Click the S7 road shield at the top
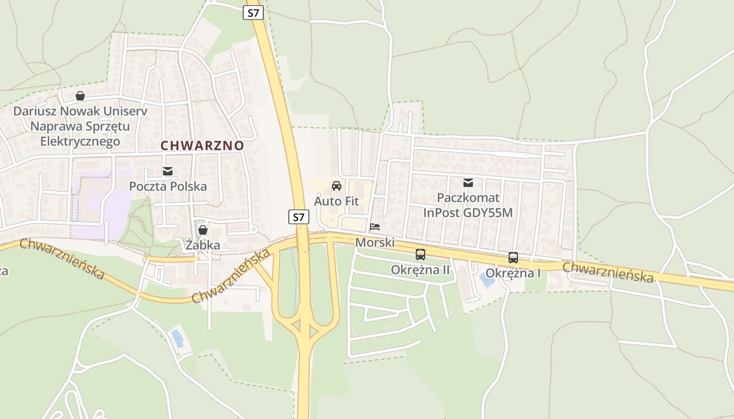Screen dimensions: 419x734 coord(253,13)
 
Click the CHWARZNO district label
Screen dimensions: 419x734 coord(202,145)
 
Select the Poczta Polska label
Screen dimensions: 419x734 coord(168,186)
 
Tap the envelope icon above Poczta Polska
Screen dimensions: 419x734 coord(168,171)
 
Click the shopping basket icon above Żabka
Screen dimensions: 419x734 coord(203,230)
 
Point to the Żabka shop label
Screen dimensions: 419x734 coord(203,245)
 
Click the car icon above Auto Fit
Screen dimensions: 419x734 coord(337,186)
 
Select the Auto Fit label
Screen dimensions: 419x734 coord(337,201)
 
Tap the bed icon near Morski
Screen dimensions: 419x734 coord(375,227)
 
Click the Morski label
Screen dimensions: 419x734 coord(374,242)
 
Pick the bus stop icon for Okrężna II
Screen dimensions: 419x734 coord(420,255)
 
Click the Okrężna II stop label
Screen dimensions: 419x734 coord(420,270)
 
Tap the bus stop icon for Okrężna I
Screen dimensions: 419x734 coord(513,258)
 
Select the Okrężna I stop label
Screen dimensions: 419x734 coord(513,273)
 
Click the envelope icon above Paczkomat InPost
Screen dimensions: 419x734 coord(468,183)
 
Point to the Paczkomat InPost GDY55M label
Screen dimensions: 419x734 coord(468,205)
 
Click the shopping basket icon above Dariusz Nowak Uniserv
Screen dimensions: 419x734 coord(80,96)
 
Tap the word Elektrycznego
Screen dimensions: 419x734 coord(80,141)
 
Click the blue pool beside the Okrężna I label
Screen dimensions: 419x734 coord(487,280)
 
